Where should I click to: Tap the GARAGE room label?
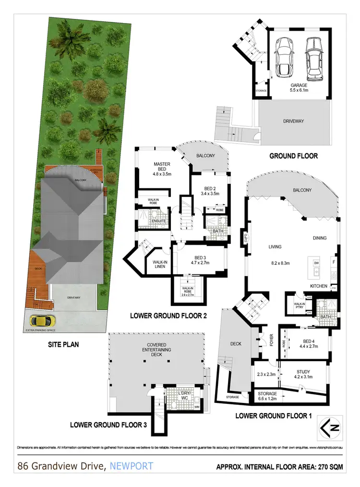click(x=299, y=85)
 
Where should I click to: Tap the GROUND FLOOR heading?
click(x=293, y=156)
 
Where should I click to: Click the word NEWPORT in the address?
click(x=132, y=466)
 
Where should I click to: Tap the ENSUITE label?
click(x=160, y=221)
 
